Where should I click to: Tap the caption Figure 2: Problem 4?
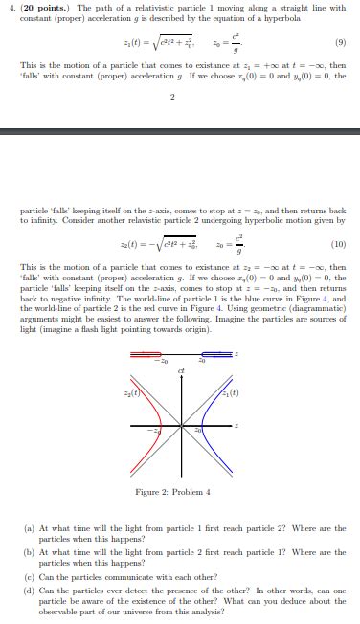tap(179, 494)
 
